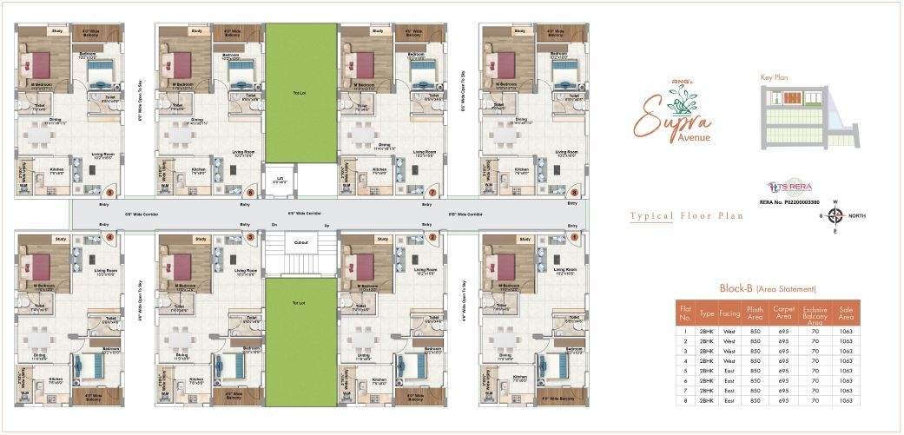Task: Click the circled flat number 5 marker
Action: coord(109,192)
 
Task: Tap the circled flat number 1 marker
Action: coord(573,236)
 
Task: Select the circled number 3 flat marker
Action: coord(250,236)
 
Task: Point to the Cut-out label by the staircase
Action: coord(300,242)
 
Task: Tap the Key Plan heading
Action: coord(774,77)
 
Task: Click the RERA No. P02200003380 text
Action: coord(789,201)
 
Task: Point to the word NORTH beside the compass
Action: coord(858,215)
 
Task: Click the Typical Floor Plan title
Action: coord(686,216)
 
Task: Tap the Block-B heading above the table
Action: coord(736,288)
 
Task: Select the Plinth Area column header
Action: coord(754,312)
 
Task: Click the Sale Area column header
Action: coord(846,312)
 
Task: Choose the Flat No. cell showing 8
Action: coord(685,400)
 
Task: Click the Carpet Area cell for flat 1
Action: coord(785,332)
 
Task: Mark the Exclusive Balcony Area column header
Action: coord(815,312)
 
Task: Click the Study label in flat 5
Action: coord(57,31)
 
